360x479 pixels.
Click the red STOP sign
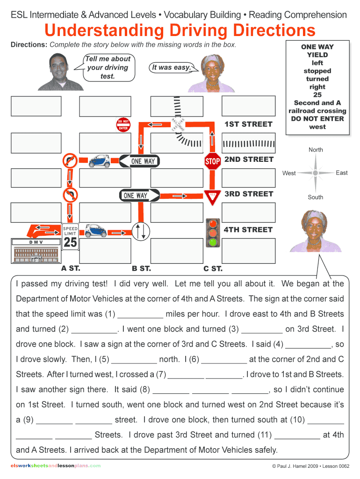point(212,161)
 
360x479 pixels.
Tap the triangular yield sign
point(212,196)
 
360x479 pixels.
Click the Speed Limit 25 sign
point(70,236)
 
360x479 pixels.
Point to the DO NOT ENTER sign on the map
point(123,125)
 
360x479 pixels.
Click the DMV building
point(36,253)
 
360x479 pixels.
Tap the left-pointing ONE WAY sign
point(137,161)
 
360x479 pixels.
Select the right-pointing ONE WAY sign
point(140,195)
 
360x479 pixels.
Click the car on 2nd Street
point(99,161)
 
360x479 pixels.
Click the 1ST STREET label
point(248,124)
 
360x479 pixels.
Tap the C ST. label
point(213,269)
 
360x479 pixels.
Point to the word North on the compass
point(316,150)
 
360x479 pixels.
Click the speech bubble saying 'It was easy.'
point(171,67)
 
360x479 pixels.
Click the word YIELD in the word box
point(317,55)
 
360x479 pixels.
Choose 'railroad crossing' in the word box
point(317,111)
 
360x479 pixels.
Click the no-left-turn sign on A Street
point(70,196)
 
